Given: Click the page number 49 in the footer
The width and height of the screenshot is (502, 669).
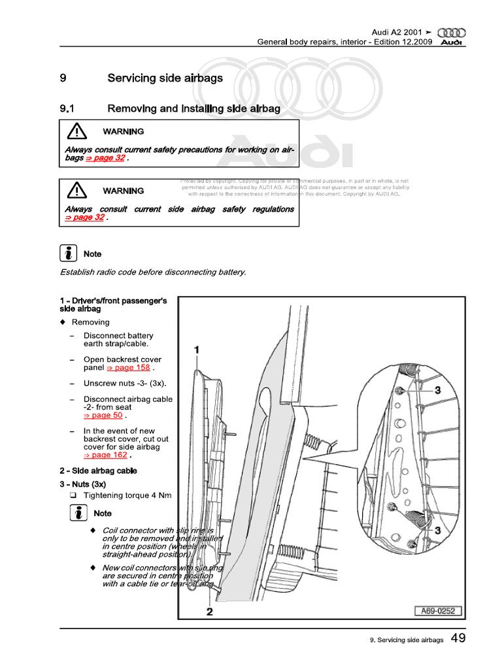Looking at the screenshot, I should [x=458, y=638].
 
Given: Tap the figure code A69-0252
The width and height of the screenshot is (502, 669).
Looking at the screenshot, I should [x=438, y=612].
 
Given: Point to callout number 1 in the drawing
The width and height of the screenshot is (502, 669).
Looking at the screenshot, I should [x=197, y=350].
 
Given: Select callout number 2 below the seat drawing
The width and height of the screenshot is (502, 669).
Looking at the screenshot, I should [x=209, y=612].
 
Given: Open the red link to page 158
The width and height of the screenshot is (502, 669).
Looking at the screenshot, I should [x=127, y=368].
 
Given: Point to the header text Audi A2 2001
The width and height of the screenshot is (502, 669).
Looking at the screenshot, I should [x=397, y=32].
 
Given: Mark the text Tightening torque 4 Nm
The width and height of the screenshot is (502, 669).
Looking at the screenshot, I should [x=127, y=495].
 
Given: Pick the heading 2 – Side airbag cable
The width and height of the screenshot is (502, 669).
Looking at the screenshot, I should [x=98, y=470].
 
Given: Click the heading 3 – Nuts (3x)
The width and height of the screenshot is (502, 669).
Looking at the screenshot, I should [x=82, y=483].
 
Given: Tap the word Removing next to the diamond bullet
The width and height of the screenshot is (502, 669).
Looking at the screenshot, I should [x=91, y=322].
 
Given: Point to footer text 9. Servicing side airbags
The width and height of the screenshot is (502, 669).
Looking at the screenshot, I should [x=406, y=640].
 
